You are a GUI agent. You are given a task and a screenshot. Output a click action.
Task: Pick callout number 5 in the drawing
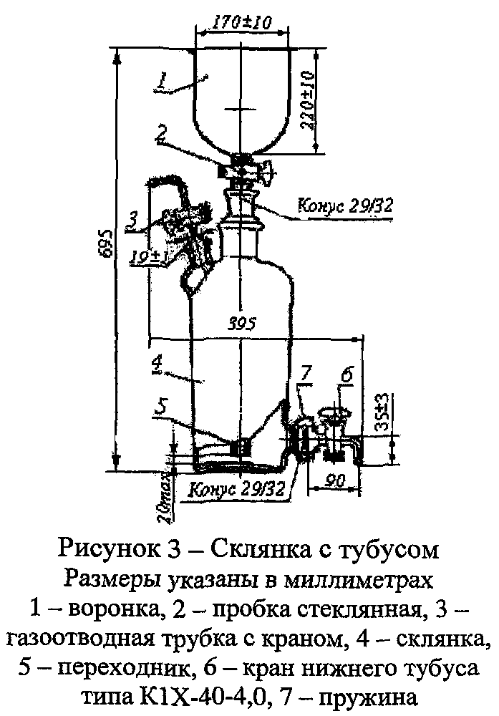coord(163,406)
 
